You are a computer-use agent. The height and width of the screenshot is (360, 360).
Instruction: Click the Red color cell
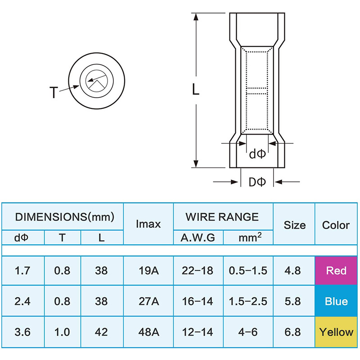336,270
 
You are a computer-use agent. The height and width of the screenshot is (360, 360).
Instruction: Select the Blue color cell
336,301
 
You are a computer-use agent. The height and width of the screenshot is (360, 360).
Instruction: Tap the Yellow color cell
336,332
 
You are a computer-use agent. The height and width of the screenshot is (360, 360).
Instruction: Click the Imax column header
148,224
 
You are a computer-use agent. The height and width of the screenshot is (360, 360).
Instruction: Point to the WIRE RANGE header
222,217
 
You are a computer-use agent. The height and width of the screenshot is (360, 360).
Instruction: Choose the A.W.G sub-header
198,238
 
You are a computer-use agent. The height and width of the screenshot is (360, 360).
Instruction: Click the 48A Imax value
148,332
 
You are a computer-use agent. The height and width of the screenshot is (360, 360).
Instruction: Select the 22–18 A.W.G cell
198,271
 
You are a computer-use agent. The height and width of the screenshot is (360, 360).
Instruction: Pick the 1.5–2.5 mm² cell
248,301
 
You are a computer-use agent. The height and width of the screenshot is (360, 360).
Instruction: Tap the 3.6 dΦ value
22,332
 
